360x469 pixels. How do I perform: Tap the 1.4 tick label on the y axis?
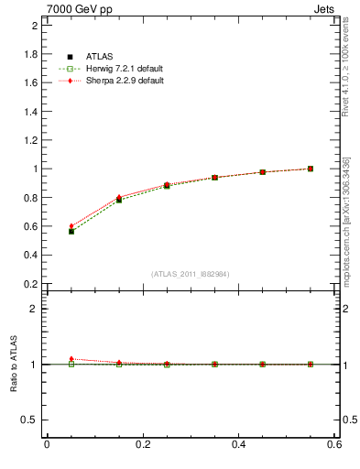click(29, 112)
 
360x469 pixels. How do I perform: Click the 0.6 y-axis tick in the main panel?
click(29, 226)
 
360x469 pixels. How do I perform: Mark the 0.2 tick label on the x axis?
click(142, 445)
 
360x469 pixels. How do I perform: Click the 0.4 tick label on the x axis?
click(238, 445)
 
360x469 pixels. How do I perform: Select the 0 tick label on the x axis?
click(47, 445)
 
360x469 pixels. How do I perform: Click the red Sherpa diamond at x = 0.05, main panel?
click(71, 226)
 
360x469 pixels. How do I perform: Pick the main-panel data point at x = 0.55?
click(311, 169)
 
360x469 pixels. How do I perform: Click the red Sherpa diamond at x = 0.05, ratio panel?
click(71, 359)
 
